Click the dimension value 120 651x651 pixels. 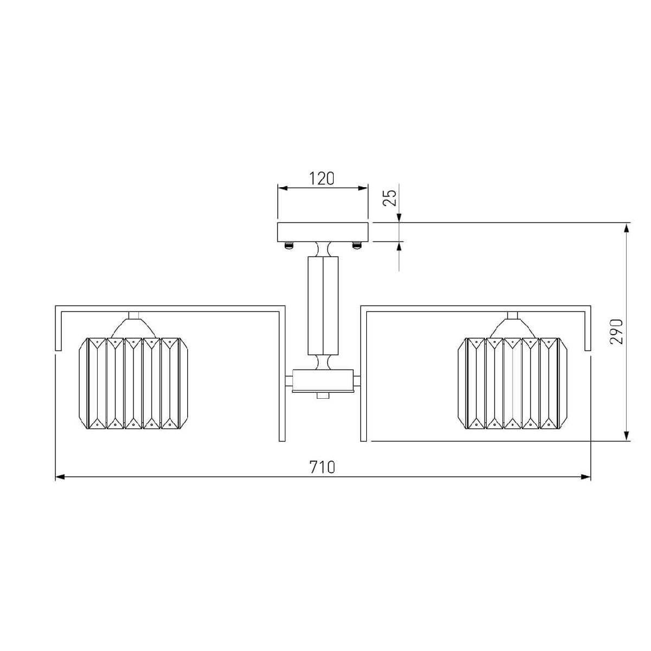(322, 178)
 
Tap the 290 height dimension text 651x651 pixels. (616, 332)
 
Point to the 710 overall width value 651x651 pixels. (322, 467)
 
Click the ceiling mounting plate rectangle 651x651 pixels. (322, 232)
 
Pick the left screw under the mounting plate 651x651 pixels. (288, 245)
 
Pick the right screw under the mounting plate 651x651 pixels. (356, 245)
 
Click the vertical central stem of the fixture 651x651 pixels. (323, 306)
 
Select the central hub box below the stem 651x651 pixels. (323, 381)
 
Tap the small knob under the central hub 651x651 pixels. (323, 395)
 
